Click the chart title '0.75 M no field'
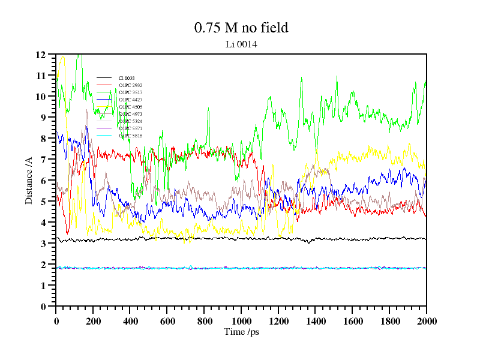click(x=241, y=28)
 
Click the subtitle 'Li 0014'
click(x=241, y=44)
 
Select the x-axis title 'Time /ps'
click(x=241, y=331)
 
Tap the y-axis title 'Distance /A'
click(x=28, y=180)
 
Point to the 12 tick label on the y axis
click(x=41, y=55)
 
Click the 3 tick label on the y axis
click(x=43, y=244)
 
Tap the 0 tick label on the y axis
click(x=43, y=307)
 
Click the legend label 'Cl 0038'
click(x=126, y=78)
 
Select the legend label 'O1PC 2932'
click(x=130, y=85)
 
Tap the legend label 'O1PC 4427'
click(x=130, y=100)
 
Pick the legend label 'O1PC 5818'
click(x=130, y=136)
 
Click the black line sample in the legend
click(x=104, y=78)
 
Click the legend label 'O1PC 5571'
click(x=130, y=128)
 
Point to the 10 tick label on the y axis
click(x=41, y=97)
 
